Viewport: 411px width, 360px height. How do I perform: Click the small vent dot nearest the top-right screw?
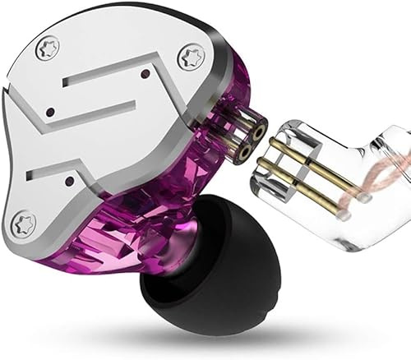tap(145, 74)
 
